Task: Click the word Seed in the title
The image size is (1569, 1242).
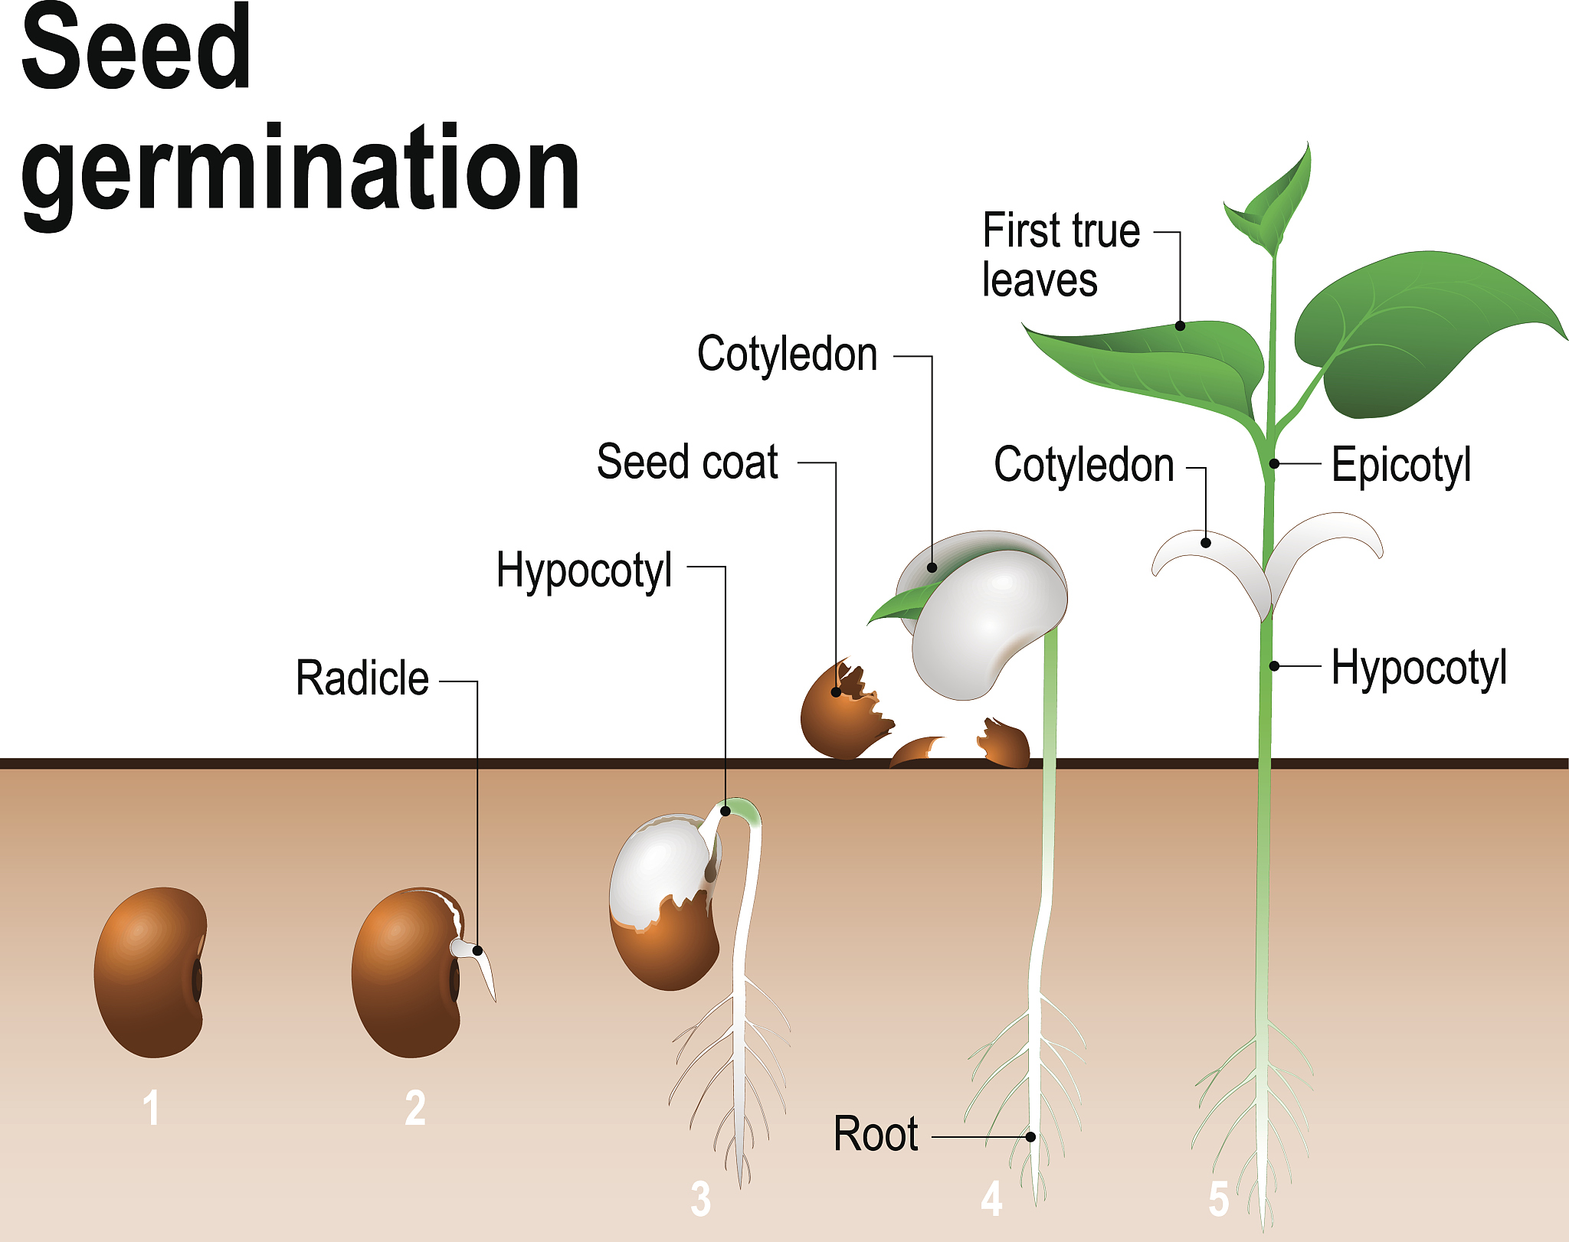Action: click(136, 47)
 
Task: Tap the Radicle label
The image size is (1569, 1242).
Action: click(362, 678)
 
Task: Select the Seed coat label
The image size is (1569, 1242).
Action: click(687, 462)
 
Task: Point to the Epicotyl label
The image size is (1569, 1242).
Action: click(1400, 465)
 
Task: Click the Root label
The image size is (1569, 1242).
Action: click(875, 1134)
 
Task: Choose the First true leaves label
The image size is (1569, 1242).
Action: click(1060, 254)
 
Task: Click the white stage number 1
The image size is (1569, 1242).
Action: click(152, 1107)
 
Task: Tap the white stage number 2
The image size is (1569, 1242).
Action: click(415, 1107)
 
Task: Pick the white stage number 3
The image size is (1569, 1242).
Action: click(700, 1198)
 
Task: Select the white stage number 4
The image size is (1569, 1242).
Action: click(991, 1198)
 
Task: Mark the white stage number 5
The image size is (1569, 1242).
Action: click(1219, 1198)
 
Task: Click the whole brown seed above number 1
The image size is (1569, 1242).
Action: click(150, 972)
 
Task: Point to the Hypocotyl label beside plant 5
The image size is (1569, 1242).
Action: click(1419, 668)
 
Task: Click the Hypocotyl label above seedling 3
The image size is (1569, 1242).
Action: click(584, 570)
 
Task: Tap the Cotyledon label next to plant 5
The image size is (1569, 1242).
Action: click(1083, 465)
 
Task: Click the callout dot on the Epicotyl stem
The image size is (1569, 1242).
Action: click(1274, 463)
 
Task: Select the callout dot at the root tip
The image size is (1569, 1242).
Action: click(1031, 1137)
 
